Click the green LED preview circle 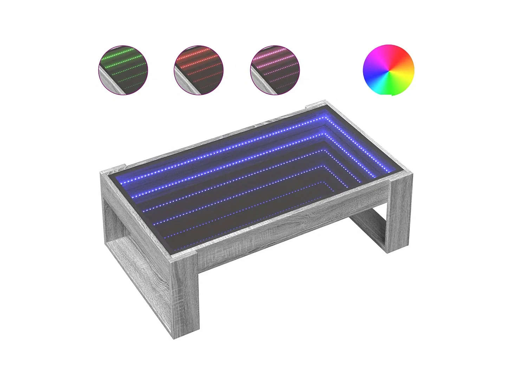click(123, 70)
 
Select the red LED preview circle click(199, 70)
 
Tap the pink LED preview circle click(275, 70)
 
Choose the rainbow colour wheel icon click(388, 70)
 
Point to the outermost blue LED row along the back click(225, 148)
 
